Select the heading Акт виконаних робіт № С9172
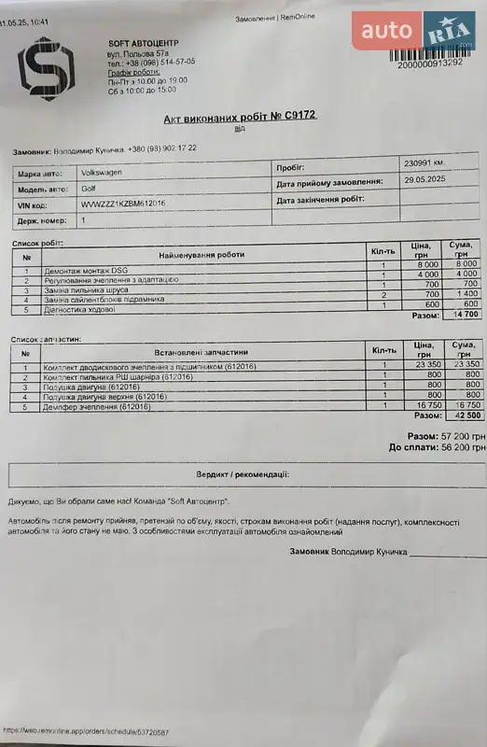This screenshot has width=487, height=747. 240,117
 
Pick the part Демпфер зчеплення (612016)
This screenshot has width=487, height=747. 96,406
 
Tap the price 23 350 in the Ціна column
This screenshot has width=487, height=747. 421,365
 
